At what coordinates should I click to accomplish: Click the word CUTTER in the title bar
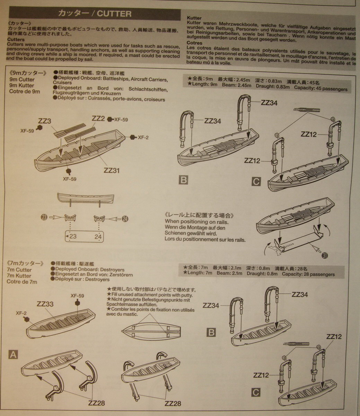coord(114,14)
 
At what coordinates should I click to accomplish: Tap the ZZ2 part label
coord(98,118)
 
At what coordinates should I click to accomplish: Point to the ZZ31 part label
coord(112,170)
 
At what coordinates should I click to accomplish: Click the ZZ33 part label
coord(45,304)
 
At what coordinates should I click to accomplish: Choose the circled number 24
coord(125,219)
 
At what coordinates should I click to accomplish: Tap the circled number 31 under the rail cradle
coord(325,255)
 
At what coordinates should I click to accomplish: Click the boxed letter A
coord(13,354)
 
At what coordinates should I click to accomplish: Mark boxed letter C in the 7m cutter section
coord(255,392)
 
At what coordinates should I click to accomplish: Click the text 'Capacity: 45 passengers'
coord(321,89)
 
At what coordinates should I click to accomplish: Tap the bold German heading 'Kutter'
coord(194,18)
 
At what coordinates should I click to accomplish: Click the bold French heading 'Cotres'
coord(194,43)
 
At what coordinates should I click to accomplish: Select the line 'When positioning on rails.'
coord(197,222)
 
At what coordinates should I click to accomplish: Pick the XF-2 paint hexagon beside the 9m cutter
coord(133,137)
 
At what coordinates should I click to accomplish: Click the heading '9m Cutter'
coord(22,79)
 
